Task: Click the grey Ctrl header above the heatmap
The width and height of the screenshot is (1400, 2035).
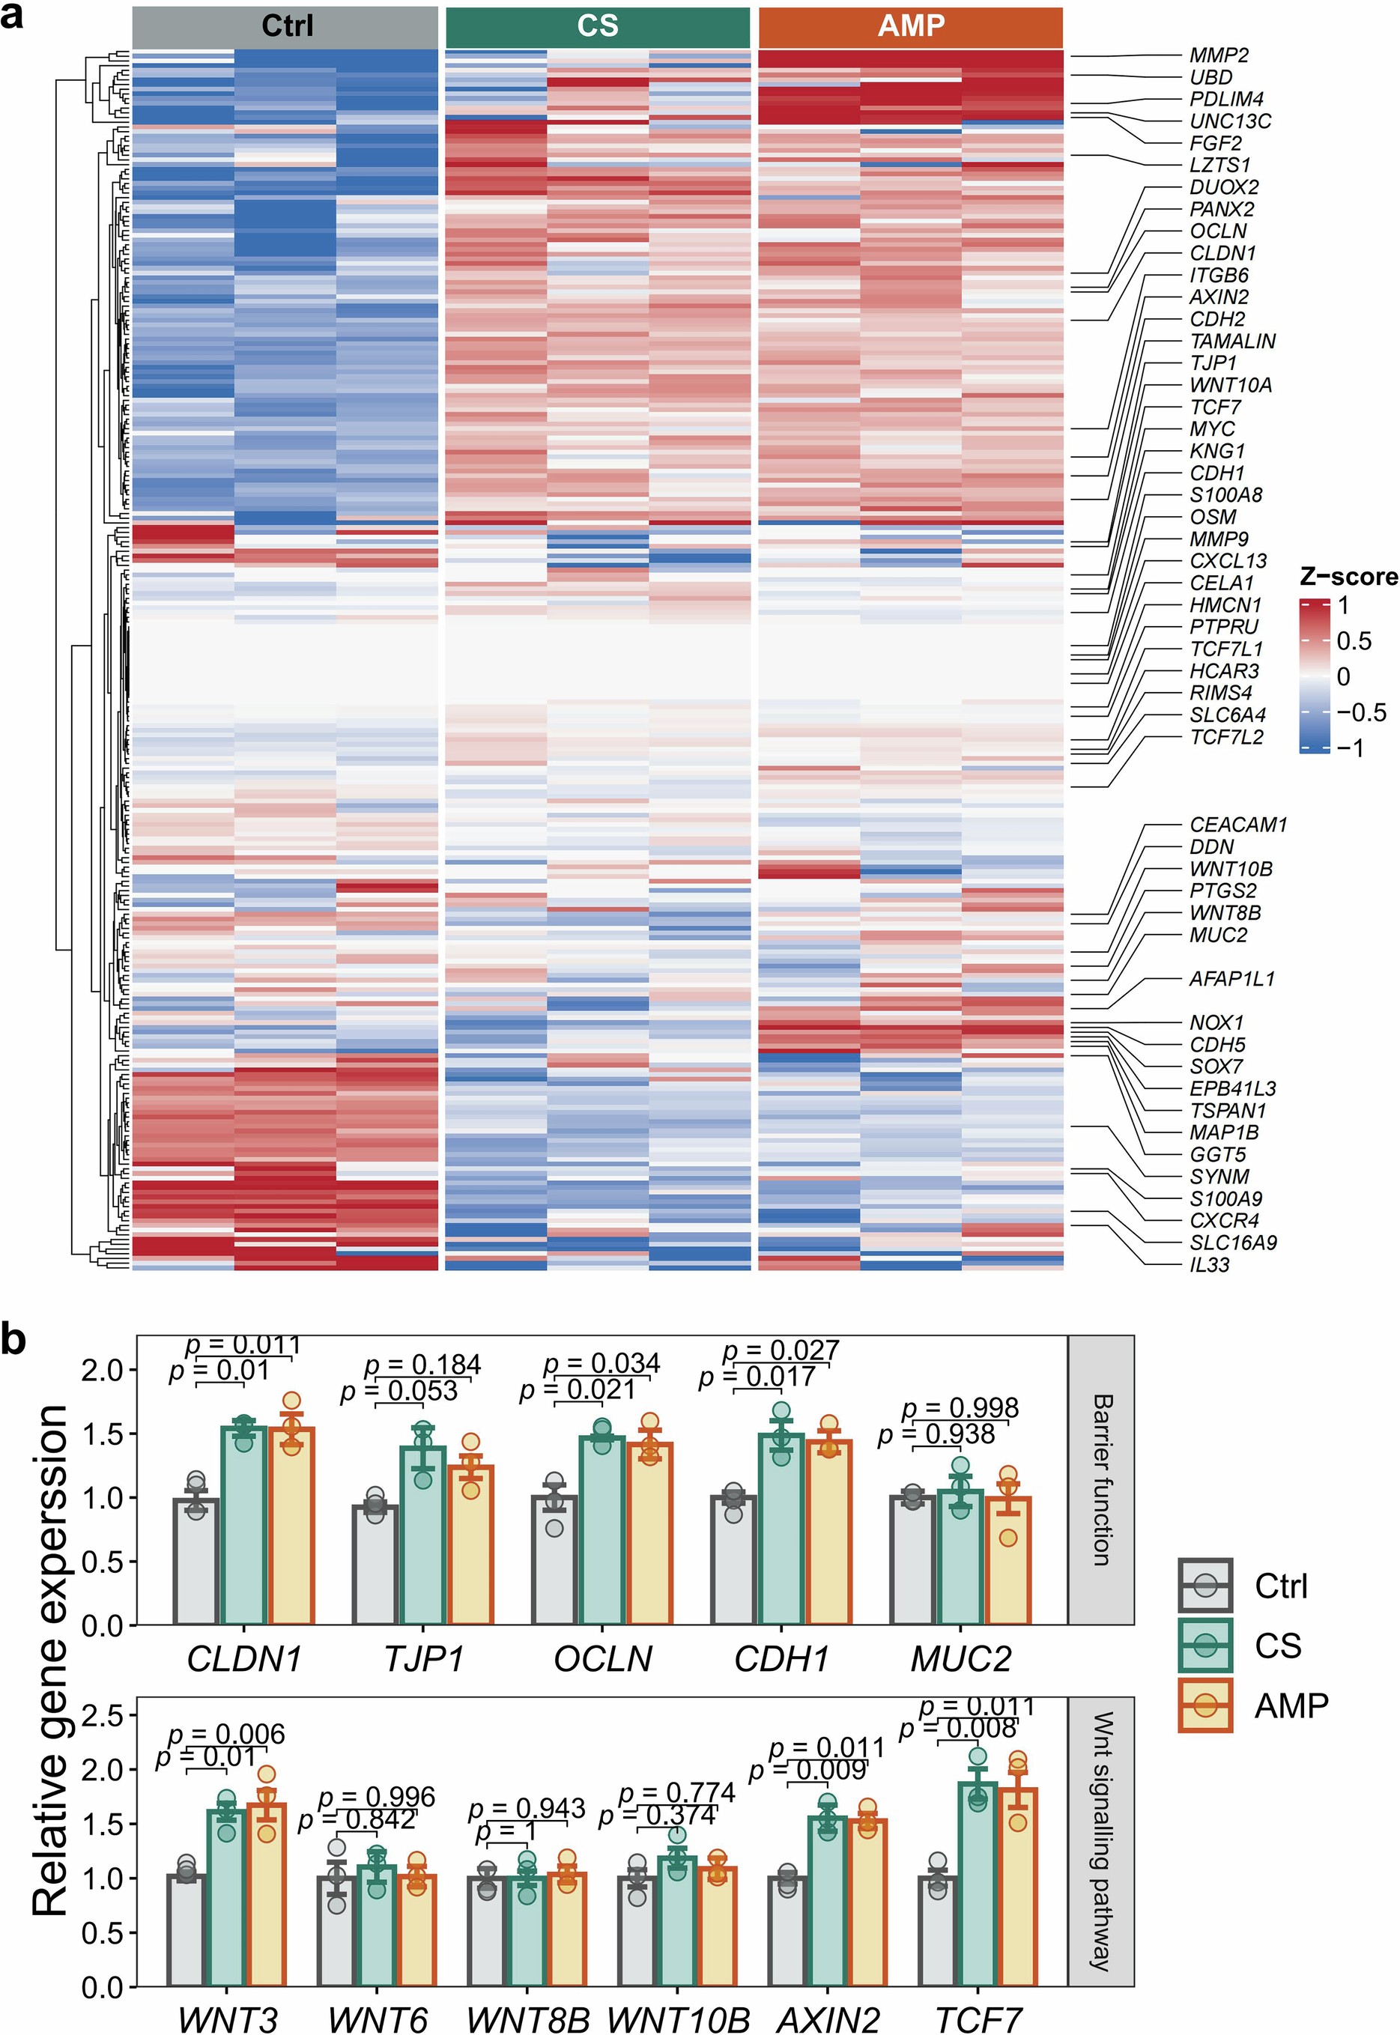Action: click(285, 26)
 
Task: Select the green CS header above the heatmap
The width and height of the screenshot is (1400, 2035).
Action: click(597, 26)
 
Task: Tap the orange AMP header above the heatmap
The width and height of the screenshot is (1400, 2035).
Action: click(911, 26)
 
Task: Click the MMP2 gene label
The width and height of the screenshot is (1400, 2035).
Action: click(1219, 55)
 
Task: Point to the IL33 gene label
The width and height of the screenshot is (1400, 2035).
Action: click(1209, 1265)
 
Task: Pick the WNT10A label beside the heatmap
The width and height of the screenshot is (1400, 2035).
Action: click(1230, 385)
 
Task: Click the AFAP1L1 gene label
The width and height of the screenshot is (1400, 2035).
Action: click(1231, 979)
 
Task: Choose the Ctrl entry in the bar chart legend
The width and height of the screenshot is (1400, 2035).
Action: click(1281, 1586)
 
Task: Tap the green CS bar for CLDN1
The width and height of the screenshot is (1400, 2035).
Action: click(244, 1526)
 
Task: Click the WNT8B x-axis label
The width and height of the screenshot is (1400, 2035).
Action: click(527, 2018)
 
